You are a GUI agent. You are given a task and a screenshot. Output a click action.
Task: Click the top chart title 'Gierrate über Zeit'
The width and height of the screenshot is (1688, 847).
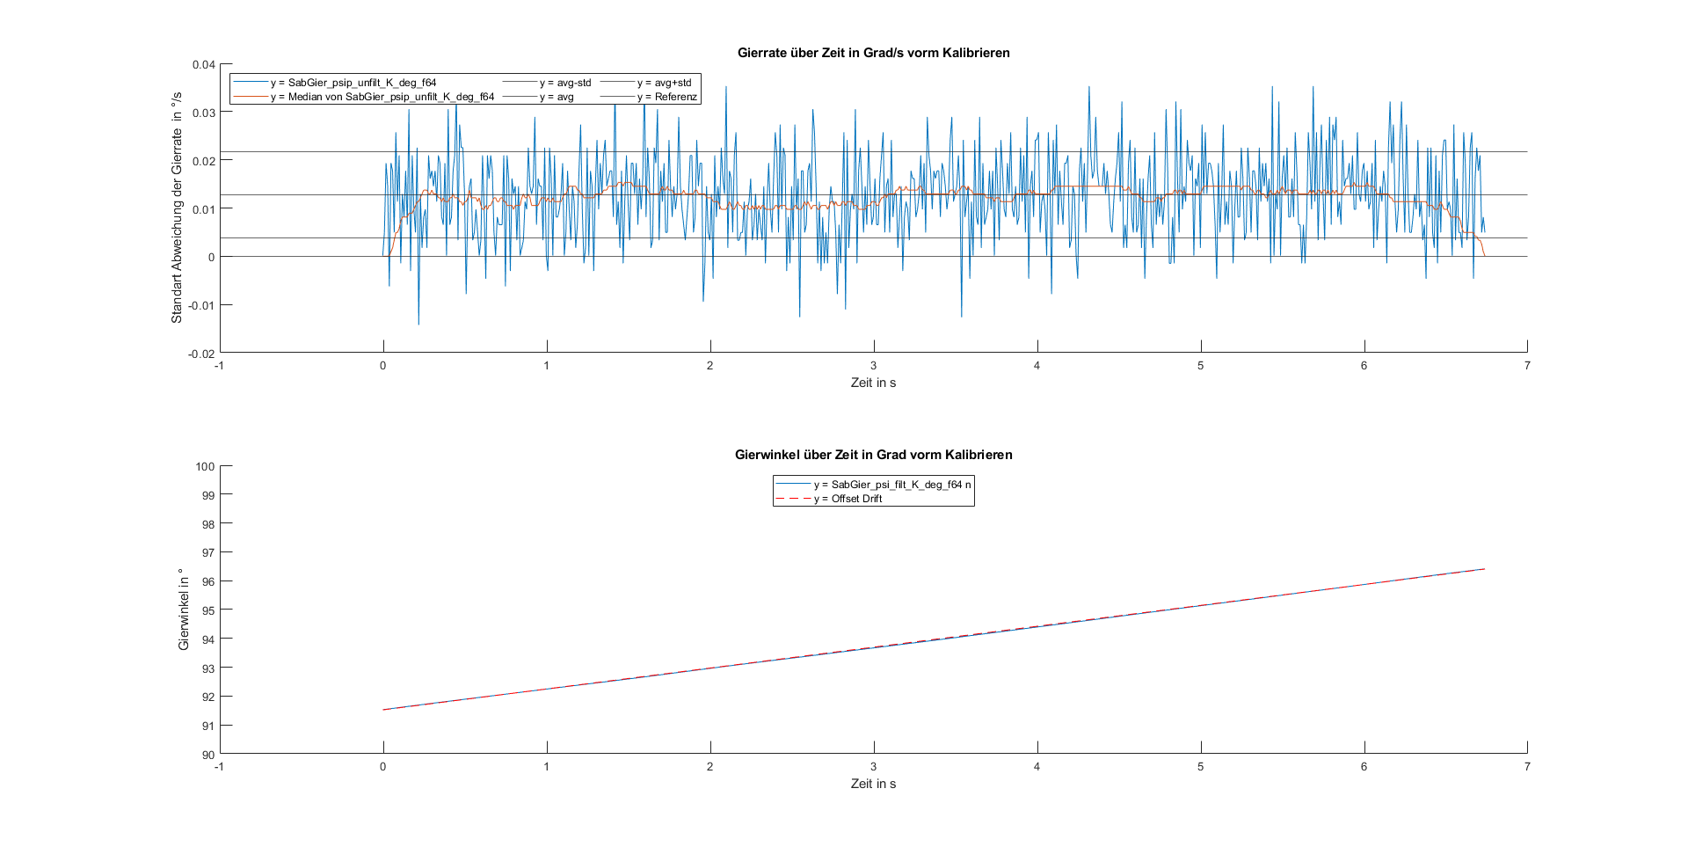tap(873, 53)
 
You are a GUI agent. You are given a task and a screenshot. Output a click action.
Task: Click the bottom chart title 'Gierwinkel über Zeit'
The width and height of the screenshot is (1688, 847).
tap(873, 455)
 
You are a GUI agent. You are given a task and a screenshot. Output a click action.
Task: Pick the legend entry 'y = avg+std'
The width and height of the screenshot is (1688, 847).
tap(664, 83)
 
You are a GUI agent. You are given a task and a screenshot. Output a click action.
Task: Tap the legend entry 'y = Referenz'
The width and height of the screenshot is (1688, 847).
tap(666, 97)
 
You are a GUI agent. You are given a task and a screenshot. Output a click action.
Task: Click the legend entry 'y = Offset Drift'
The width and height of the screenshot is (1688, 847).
tap(848, 499)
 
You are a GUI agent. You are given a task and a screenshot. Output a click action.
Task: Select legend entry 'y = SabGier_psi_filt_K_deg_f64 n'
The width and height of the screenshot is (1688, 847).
tap(892, 485)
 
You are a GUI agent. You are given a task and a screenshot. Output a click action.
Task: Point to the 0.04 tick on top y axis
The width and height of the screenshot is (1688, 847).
tap(204, 64)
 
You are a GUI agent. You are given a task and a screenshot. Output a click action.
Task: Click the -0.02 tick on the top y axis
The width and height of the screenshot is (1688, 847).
tap(201, 354)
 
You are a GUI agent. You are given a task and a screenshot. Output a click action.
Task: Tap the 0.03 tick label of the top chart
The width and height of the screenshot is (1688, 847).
tap(204, 113)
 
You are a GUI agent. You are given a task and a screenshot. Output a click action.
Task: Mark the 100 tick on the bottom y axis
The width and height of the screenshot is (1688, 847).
tap(205, 466)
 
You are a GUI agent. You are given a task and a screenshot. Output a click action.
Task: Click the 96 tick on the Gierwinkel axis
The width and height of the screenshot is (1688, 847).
tap(207, 581)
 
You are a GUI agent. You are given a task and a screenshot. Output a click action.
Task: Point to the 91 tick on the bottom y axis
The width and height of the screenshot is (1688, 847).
tap(207, 726)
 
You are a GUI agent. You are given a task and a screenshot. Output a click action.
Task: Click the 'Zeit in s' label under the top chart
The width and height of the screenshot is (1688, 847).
tap(873, 383)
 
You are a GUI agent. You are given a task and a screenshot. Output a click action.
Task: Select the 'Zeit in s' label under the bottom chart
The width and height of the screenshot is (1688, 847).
tap(873, 784)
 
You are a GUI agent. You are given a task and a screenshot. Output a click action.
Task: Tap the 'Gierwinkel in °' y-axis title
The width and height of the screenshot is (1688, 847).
tap(184, 610)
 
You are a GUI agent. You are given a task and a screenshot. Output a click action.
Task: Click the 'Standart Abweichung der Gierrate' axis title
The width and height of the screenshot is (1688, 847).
tap(177, 208)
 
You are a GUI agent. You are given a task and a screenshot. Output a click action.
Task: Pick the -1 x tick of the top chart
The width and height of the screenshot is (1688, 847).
tap(219, 366)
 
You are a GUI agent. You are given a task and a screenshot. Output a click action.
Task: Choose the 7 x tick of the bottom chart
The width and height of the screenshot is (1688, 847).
tap(1527, 767)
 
